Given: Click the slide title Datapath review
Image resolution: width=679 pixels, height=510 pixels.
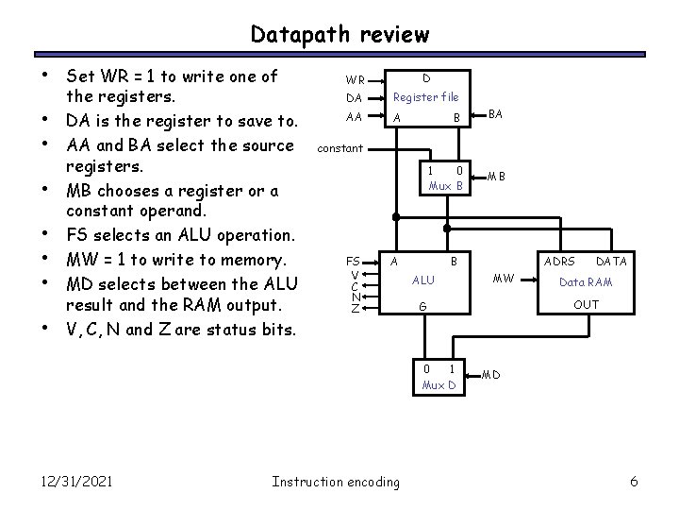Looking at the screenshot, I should coord(339,35).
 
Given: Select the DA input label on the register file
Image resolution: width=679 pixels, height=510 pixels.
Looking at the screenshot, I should coord(355,98).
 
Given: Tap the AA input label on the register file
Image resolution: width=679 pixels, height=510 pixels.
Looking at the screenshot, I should coord(355,118).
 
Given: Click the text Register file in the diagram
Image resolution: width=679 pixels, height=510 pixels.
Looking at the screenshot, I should coord(425,96).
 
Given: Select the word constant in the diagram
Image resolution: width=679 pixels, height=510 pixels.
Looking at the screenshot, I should coord(339,147).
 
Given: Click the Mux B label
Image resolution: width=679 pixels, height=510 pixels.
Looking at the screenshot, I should coord(446,186).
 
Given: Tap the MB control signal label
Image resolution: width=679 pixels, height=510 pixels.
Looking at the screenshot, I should coord(496,177).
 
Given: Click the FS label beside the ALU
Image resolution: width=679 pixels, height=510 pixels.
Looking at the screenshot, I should coord(353,261).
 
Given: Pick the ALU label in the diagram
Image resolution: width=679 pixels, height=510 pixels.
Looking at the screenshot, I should coord(424,280).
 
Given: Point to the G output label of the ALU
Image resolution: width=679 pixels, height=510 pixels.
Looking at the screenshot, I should coord(423,307).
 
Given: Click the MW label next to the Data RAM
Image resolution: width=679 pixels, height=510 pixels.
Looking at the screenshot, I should coord(505,278).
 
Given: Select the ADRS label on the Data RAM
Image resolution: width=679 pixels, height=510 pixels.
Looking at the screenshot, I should coord(560,261).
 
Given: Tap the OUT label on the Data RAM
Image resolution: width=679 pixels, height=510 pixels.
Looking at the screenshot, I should coord(586,304).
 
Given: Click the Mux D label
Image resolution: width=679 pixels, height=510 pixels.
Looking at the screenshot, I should coord(439,385).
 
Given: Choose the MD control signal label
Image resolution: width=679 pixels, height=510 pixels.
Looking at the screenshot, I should coord(490,376).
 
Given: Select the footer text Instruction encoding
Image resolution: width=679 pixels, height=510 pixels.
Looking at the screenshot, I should coord(335,482).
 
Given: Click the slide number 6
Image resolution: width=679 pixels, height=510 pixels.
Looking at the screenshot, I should coord(634,482).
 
